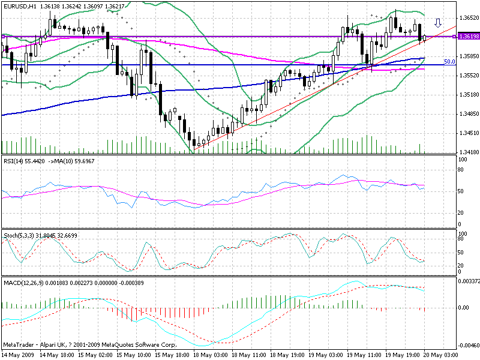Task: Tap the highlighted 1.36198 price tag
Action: (467, 37)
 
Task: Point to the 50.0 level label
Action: (449, 62)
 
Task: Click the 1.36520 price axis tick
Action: (468, 17)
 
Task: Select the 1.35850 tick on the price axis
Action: (468, 56)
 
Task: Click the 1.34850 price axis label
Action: (468, 114)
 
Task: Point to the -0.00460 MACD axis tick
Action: (467, 346)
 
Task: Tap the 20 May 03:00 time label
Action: (442, 355)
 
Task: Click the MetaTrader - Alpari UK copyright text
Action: (90, 346)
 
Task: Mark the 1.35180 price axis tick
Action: (468, 95)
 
